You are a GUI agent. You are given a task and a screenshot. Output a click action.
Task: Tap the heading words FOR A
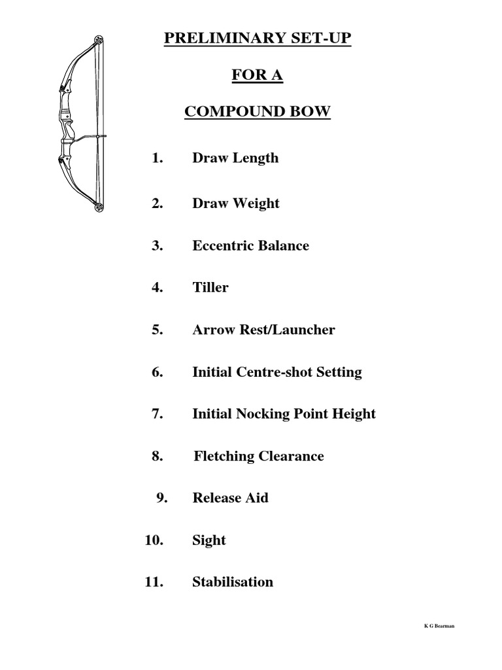[x=258, y=76]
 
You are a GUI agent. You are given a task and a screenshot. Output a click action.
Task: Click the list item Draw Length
[x=235, y=158]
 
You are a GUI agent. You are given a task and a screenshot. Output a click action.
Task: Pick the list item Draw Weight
[x=235, y=203]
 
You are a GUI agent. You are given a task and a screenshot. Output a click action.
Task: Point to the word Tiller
[x=210, y=288]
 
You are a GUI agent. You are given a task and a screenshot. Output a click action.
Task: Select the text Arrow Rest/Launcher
[x=263, y=330]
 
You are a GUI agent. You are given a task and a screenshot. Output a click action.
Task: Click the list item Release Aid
[x=230, y=498]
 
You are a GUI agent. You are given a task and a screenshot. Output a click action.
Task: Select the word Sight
[x=209, y=540]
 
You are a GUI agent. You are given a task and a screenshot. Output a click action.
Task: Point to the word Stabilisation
[x=233, y=582]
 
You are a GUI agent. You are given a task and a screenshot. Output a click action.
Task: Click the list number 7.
[x=157, y=414]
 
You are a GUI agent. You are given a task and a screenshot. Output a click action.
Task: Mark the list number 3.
[x=157, y=246]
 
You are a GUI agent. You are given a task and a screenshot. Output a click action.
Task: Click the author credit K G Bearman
[x=439, y=626]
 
